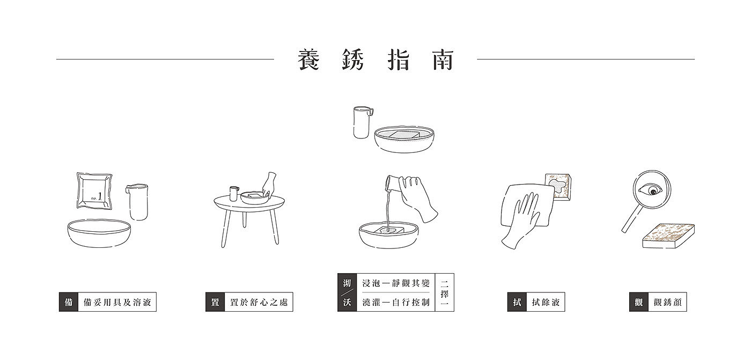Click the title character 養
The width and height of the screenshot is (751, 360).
(x=309, y=60)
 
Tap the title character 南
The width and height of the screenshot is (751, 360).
(x=443, y=60)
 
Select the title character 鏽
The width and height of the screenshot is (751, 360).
(x=354, y=60)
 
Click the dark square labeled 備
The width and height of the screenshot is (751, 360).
(x=69, y=302)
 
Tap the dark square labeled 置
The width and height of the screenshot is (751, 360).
(x=215, y=302)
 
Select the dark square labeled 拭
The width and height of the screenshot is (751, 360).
(x=517, y=302)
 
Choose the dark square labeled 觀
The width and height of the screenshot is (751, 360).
(x=639, y=302)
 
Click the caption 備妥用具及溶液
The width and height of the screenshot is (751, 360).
(x=117, y=303)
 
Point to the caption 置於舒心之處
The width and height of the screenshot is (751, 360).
(x=259, y=303)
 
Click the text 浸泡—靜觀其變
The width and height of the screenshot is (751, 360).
(x=396, y=283)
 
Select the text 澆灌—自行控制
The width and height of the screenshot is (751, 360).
(x=396, y=303)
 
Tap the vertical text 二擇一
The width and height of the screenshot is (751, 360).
(x=445, y=292)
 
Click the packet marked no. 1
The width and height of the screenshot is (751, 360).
(x=94, y=190)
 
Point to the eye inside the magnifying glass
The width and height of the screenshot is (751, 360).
(x=650, y=190)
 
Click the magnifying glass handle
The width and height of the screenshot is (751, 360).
(x=632, y=219)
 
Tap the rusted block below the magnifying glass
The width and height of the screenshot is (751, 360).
(x=668, y=236)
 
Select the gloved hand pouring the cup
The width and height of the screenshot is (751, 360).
(x=419, y=199)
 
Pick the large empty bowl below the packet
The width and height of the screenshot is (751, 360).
(x=99, y=233)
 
